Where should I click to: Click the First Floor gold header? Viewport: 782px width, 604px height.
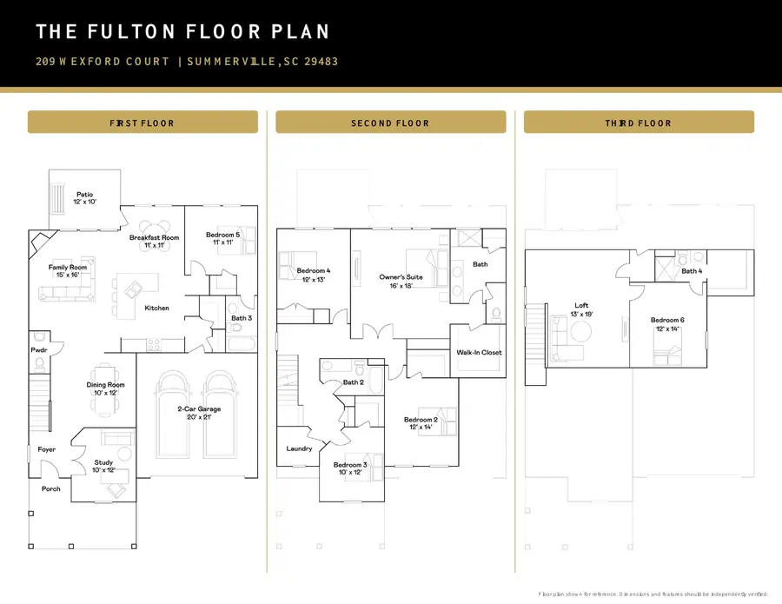[142, 123]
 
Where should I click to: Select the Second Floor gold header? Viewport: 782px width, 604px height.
[390, 123]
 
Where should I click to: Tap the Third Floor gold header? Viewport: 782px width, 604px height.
[639, 123]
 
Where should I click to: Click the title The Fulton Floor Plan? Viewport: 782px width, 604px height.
[182, 31]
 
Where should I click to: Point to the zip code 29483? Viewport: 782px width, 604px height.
[321, 62]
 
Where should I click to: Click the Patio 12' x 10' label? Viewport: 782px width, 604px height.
[85, 198]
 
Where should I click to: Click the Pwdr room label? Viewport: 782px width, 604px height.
[39, 350]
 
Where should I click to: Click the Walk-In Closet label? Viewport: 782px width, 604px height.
[479, 353]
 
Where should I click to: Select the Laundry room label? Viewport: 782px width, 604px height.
[299, 448]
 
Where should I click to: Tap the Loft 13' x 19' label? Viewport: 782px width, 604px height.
[581, 309]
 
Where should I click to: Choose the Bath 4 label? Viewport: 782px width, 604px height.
[692, 271]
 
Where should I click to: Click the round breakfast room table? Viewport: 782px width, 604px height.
[155, 236]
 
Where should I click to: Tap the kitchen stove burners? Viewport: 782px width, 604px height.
[154, 345]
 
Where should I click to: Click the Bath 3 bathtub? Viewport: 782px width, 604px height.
[242, 343]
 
